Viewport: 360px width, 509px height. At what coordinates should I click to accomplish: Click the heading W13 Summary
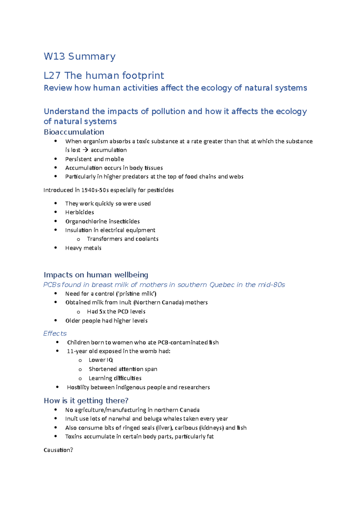click(79, 56)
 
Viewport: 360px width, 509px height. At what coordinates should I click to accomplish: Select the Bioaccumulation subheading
click(74, 132)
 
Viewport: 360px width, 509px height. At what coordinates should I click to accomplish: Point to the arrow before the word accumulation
click(85, 150)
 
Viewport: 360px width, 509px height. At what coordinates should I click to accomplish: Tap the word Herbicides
click(79, 212)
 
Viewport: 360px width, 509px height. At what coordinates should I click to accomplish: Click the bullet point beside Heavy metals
click(55, 248)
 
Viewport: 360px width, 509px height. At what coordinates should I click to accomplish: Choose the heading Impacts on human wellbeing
click(96, 275)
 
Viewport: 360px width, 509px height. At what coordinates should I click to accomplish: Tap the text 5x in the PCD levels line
click(102, 311)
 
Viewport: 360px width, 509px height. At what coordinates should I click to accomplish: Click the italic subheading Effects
click(55, 333)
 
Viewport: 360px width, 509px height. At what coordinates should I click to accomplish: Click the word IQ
click(109, 360)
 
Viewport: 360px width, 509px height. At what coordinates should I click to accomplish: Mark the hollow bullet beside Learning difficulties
click(80, 379)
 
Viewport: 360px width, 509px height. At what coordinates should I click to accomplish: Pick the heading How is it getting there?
click(86, 400)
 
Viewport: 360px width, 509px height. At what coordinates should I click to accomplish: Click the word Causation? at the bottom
click(58, 450)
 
